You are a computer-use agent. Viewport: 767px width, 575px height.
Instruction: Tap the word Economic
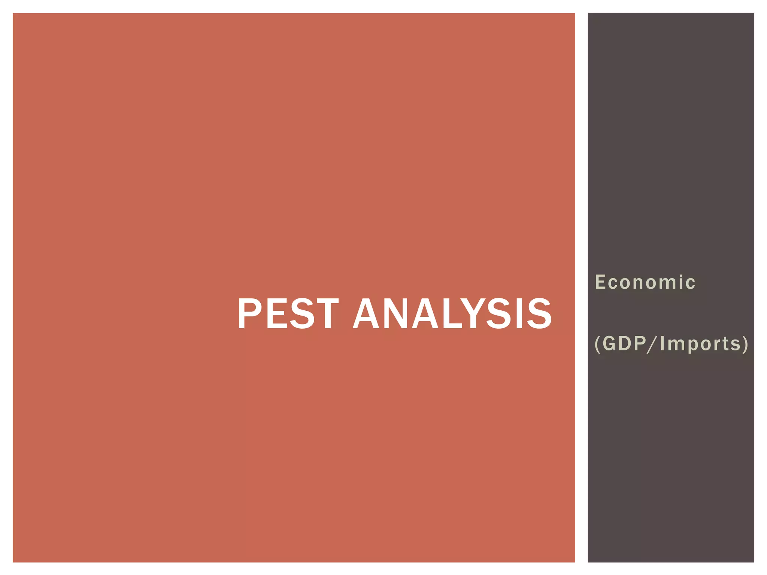point(645,282)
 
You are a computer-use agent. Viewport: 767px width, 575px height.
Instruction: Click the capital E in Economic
point(600,282)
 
